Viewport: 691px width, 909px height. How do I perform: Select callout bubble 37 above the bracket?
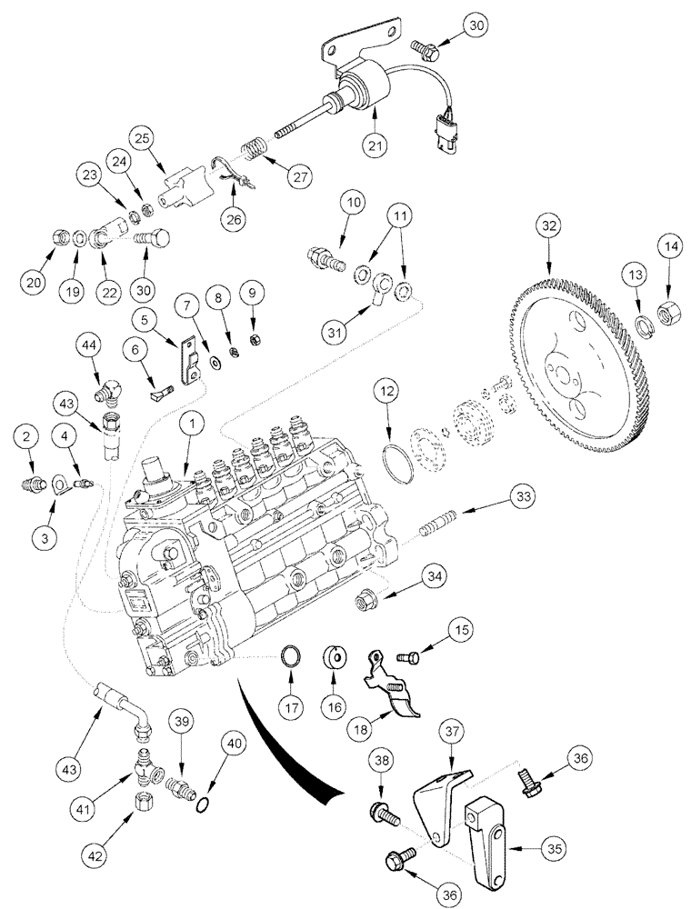pos(452,729)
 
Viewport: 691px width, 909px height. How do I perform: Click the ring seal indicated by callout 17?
pos(291,657)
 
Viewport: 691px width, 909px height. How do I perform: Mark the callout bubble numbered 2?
pos(27,437)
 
